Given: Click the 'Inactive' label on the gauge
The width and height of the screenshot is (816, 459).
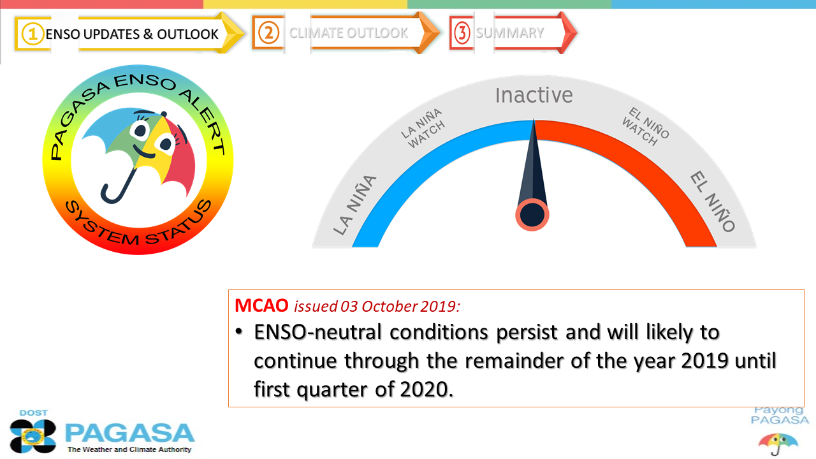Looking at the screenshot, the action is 534,96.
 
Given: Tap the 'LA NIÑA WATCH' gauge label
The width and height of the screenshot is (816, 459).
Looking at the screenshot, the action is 424,128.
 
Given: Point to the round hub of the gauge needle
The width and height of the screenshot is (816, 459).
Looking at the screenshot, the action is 532,215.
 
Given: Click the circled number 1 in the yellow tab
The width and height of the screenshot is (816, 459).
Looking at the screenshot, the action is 33,34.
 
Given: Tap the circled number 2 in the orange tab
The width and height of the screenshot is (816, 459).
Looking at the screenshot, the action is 268,33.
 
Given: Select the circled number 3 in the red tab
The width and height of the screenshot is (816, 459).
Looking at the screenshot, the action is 462,33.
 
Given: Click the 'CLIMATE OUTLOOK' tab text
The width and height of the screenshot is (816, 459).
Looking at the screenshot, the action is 348,33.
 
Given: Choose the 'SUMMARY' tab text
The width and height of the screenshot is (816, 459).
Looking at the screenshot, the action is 509,33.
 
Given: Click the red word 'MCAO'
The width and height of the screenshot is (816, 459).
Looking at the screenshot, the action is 261,305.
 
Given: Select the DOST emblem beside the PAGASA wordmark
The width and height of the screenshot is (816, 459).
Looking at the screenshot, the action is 33,436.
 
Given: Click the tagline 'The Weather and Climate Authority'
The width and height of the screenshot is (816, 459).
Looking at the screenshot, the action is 129,449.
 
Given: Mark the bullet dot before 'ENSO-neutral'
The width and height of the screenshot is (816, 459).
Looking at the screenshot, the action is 238,332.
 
